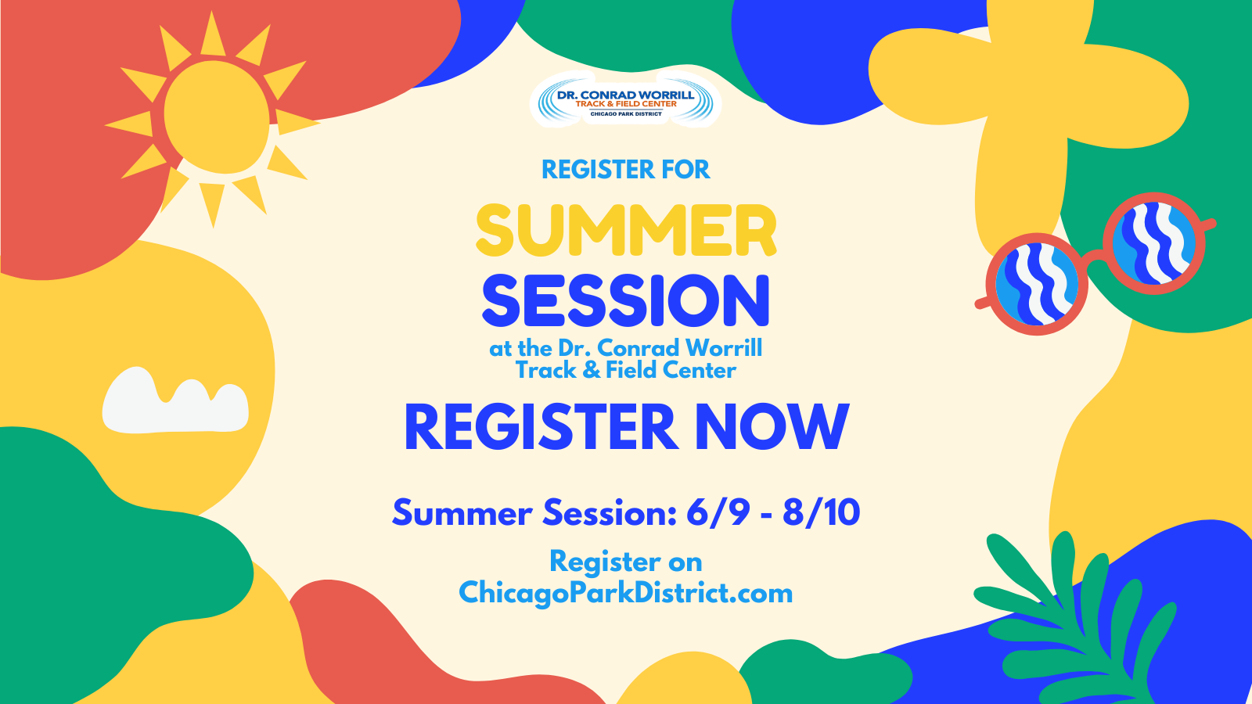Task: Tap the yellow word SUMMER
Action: coord(626,230)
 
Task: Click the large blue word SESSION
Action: coord(625,300)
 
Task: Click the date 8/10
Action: coord(821,512)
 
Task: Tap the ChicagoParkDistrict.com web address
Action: coord(625,592)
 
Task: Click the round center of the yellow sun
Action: coord(217,117)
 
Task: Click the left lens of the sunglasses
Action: coord(1037,285)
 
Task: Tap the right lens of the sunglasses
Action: coord(1153,243)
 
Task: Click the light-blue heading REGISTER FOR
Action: coord(625,169)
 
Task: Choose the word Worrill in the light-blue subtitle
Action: coord(724,348)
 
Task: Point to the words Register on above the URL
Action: coord(625,561)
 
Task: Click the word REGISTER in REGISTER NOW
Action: coord(541,426)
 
